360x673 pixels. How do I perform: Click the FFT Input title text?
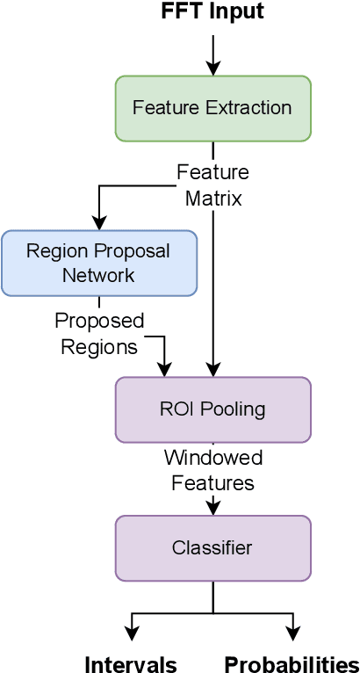coord(212,12)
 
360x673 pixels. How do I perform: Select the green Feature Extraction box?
coord(212,108)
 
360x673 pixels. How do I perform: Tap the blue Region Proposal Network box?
coord(99,263)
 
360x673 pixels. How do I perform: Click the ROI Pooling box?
coord(212,409)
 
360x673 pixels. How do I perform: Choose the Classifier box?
coord(212,548)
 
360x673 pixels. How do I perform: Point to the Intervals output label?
coord(131,664)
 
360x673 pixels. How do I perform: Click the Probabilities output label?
coord(292,664)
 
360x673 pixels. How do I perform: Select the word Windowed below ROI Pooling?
coord(212,459)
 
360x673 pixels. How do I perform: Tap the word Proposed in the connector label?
coord(99,321)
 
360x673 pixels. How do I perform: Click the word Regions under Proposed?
coord(99,347)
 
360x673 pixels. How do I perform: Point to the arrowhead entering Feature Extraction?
coord(212,69)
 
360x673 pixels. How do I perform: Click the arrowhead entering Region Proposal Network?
coord(99,223)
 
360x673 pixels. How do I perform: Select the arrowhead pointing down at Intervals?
coord(132,634)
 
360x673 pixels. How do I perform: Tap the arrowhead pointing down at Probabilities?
coord(293,634)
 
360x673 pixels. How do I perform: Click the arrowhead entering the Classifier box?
coord(212,509)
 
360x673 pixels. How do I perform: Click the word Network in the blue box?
coord(99,275)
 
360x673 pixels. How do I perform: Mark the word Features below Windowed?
coord(212,483)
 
